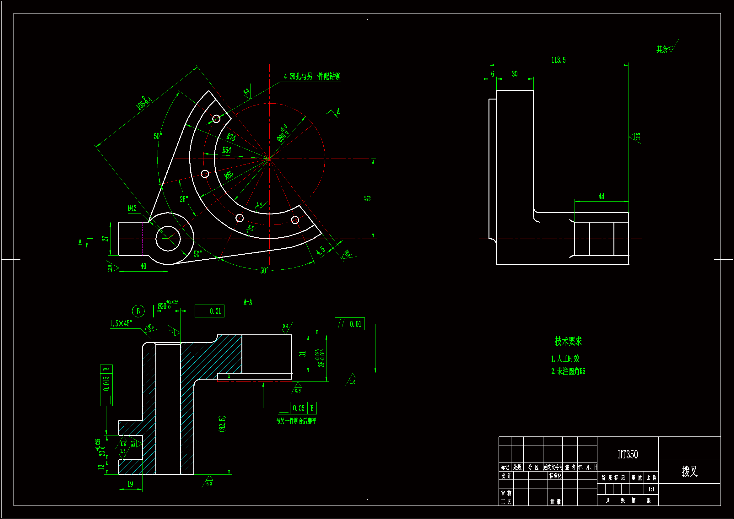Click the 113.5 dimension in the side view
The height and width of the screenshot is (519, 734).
(558, 60)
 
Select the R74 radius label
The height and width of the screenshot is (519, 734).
(231, 137)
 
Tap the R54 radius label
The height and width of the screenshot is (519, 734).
(227, 150)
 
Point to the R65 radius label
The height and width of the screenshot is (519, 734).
(229, 175)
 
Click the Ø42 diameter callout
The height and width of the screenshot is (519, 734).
(132, 208)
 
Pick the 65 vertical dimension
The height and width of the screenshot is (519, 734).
(368, 198)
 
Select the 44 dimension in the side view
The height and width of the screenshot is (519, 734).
(601, 197)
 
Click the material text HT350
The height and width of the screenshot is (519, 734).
(628, 454)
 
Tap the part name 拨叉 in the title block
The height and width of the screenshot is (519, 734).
(689, 471)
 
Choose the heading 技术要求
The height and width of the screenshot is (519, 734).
(568, 341)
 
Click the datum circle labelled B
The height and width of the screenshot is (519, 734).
(138, 311)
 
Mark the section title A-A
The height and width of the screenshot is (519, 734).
(248, 302)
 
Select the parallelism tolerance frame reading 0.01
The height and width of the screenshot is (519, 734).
(349, 324)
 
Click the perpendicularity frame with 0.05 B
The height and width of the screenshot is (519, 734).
(297, 408)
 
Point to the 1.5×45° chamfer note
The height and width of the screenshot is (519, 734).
(121, 324)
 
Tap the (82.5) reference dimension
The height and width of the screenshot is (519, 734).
(222, 424)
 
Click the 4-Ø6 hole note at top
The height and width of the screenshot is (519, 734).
(312, 76)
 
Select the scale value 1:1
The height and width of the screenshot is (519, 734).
(651, 489)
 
